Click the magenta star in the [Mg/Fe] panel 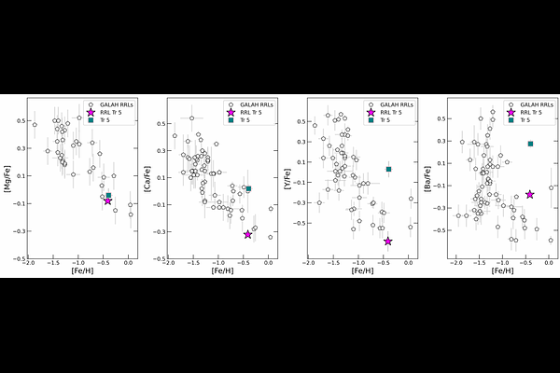pyautogui.click(x=108, y=201)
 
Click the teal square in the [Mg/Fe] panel pyautogui.click(x=108, y=195)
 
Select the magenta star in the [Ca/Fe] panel pyautogui.click(x=247, y=234)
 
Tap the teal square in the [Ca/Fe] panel pyautogui.click(x=248, y=189)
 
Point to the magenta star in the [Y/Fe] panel pyautogui.click(x=387, y=242)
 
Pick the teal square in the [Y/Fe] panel pyautogui.click(x=388, y=169)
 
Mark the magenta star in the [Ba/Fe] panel pyautogui.click(x=529, y=194)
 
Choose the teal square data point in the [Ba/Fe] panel pyautogui.click(x=530, y=144)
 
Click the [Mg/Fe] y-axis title pyautogui.click(x=7, y=177)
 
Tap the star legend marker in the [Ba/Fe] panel pyautogui.click(x=511, y=112)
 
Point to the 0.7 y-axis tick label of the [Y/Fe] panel pyautogui.click(x=301, y=123)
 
